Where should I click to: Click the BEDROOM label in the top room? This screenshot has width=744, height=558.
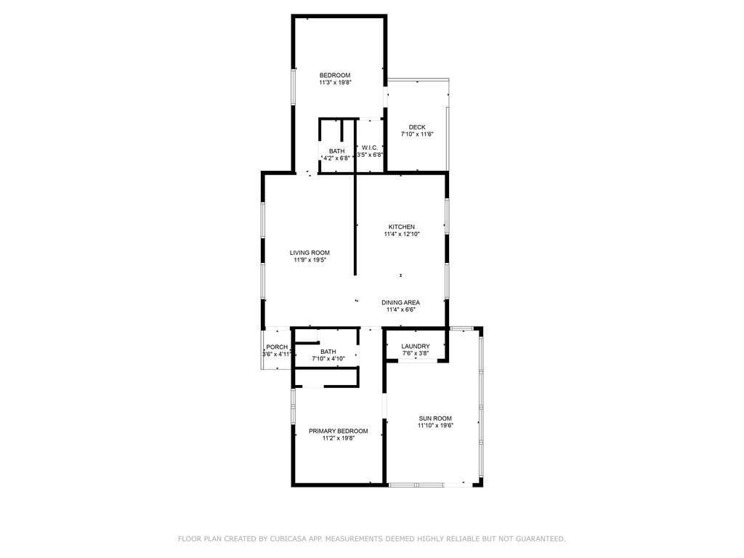[335, 76]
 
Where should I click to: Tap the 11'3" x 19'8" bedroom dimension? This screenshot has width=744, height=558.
[335, 83]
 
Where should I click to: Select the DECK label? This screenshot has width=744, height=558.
[417, 127]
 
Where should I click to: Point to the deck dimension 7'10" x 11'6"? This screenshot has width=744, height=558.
[417, 134]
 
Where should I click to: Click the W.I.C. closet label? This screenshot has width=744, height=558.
[370, 147]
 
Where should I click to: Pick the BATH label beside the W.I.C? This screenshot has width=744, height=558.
[336, 151]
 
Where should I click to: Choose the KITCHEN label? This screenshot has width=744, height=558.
[402, 227]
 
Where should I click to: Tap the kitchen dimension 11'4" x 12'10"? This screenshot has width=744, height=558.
[402, 234]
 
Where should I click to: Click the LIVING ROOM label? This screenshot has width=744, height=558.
[310, 253]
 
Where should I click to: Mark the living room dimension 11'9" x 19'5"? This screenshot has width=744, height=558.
[310, 260]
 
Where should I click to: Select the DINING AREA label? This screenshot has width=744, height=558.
[401, 302]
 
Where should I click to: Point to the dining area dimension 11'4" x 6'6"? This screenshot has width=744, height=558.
[401, 310]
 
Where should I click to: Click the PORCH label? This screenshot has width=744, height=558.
[277, 347]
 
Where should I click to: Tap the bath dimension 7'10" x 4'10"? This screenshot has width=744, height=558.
[328, 359]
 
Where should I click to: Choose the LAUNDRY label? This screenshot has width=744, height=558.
[416, 347]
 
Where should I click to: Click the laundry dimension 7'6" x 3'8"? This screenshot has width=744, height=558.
[416, 354]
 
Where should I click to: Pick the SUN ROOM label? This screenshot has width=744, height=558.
[435, 418]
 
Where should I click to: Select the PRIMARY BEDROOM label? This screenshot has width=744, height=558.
[338, 431]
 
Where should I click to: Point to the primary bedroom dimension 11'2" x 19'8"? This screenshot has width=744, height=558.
[338, 438]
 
